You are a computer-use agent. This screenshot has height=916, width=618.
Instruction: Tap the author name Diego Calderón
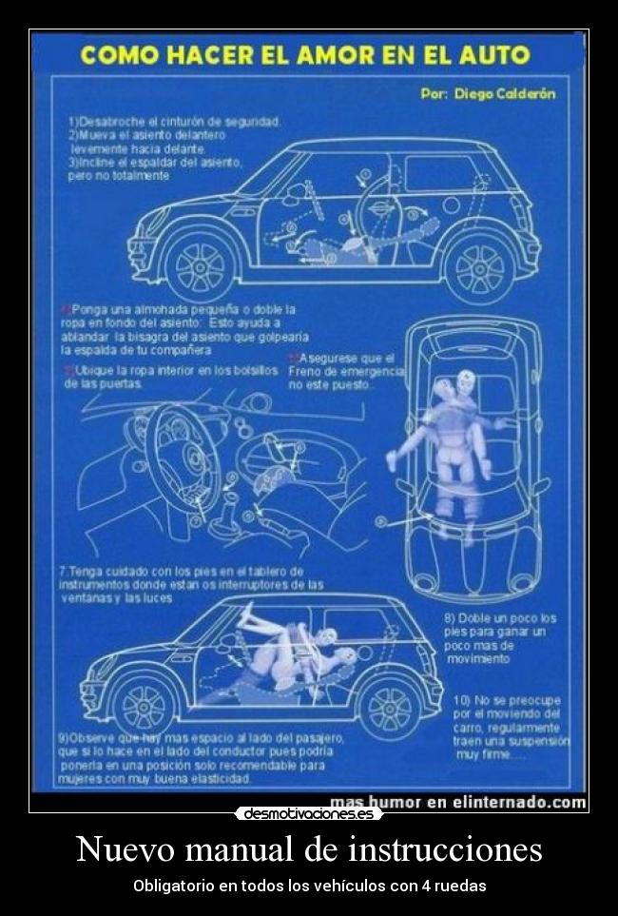click(x=503, y=94)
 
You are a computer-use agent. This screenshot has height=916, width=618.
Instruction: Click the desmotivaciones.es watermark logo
click(x=309, y=813)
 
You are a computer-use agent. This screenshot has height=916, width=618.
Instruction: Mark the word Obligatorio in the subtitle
click(x=173, y=886)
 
